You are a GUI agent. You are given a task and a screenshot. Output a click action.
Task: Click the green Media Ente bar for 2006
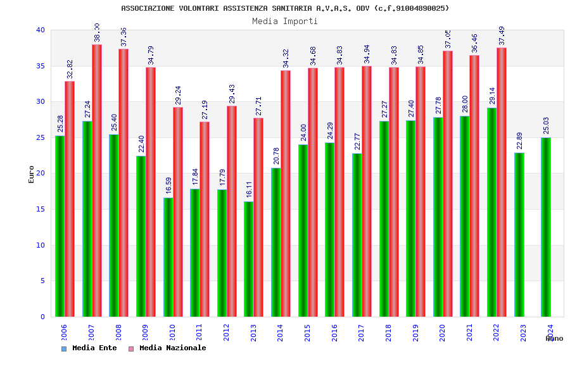[x=60, y=226]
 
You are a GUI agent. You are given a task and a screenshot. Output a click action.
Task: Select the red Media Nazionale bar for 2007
[x=97, y=180]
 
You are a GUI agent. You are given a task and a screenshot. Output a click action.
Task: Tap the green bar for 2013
[x=248, y=259]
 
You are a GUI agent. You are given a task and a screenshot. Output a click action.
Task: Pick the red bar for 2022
[x=502, y=182]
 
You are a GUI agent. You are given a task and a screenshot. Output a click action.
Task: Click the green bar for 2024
[x=545, y=227]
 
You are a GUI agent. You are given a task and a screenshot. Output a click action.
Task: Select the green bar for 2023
[x=519, y=234]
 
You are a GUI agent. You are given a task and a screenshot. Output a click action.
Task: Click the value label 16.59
[x=169, y=185]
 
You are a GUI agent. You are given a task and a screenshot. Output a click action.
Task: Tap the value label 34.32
[x=286, y=58]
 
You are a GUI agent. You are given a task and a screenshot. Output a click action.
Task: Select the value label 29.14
[x=493, y=96]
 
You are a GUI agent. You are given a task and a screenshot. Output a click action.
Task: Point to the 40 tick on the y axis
[x=41, y=30]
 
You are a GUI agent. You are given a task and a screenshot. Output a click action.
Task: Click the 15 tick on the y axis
[x=41, y=209]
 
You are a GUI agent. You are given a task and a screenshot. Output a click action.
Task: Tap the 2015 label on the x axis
[x=307, y=333]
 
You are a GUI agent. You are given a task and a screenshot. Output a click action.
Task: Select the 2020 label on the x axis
[x=442, y=333]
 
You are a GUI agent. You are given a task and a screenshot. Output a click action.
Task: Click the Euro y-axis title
[x=32, y=174]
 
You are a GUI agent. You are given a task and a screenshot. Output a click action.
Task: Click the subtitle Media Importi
[x=285, y=21]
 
